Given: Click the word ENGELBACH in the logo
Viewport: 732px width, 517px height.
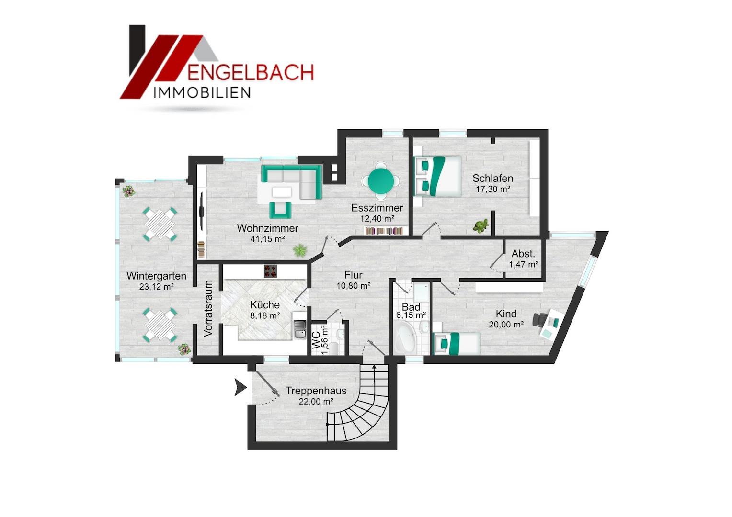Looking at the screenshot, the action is pyautogui.click(x=251, y=72).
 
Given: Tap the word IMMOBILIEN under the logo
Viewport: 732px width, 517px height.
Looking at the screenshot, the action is pyautogui.click(x=202, y=93).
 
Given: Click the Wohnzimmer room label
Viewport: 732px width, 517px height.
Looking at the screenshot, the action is pyautogui.click(x=268, y=228).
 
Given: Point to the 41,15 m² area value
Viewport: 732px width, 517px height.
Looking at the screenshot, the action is pyautogui.click(x=268, y=239).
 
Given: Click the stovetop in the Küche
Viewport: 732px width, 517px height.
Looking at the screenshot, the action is pyautogui.click(x=270, y=271).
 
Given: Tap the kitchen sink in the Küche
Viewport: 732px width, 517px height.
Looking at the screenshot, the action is pyautogui.click(x=300, y=329).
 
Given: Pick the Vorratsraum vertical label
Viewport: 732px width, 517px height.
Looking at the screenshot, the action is pyautogui.click(x=208, y=308).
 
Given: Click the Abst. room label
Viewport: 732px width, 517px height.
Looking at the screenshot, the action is pyautogui.click(x=523, y=253).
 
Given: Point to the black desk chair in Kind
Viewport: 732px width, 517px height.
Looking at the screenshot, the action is pyautogui.click(x=539, y=319).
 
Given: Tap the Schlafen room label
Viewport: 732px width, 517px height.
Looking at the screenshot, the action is pyautogui.click(x=492, y=179).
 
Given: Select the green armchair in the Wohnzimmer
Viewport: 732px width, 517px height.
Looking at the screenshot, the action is pyautogui.click(x=280, y=210).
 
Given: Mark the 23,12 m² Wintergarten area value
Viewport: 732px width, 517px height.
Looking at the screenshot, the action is pyautogui.click(x=156, y=287).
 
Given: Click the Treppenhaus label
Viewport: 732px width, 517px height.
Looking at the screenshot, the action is pyautogui.click(x=316, y=391).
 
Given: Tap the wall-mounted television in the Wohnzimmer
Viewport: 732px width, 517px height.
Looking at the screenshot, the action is pyautogui.click(x=202, y=210).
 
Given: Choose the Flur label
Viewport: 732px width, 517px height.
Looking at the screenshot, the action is pyautogui.click(x=353, y=275).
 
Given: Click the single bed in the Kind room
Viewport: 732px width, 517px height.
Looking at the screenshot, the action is pyautogui.click(x=456, y=343).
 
